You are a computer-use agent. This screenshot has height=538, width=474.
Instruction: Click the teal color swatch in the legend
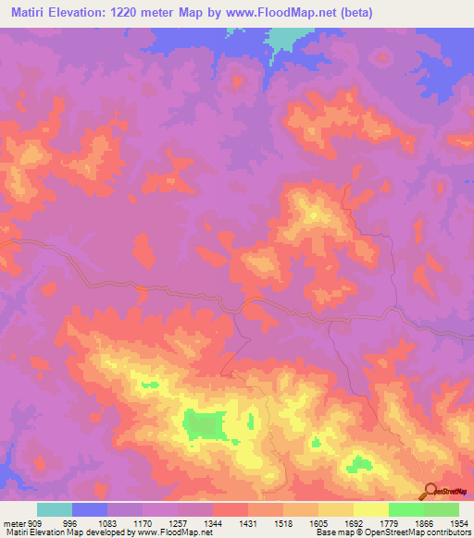(54, 509)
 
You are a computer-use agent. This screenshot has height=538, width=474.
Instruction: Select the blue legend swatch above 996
(90, 509)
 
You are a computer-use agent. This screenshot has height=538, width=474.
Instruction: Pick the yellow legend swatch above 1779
(370, 509)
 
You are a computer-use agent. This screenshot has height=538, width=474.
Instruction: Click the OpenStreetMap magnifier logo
(430, 490)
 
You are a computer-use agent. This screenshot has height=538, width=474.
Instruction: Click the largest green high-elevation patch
(206, 425)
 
